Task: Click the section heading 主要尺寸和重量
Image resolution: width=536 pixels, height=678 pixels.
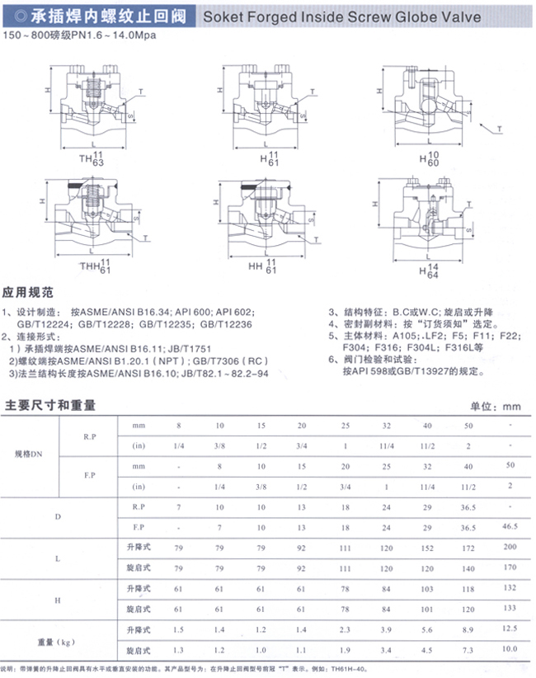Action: tap(50, 405)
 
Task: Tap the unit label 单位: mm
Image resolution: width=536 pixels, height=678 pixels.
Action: tap(496, 406)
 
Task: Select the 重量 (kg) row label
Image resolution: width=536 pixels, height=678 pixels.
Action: tap(55, 640)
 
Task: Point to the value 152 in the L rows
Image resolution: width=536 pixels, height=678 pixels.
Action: tap(426, 548)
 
